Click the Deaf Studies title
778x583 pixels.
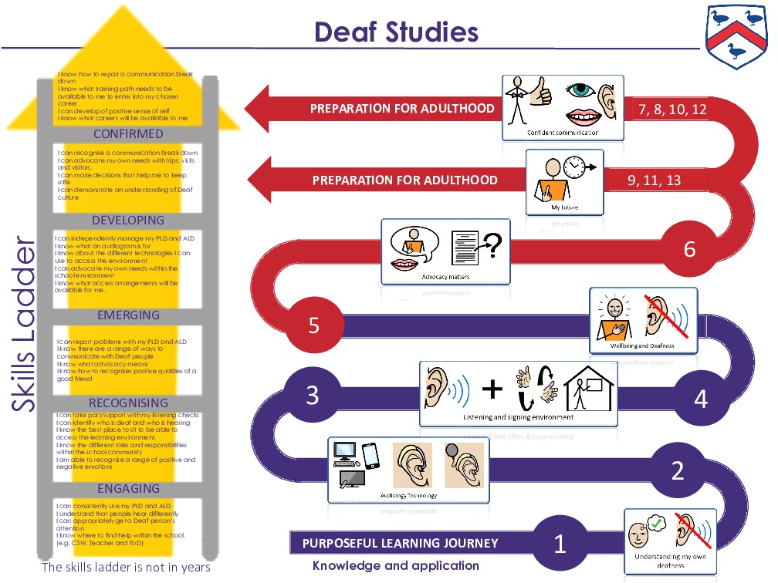[396, 32]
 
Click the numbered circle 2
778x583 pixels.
[677, 470]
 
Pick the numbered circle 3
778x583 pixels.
[312, 396]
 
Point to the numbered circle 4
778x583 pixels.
[700, 399]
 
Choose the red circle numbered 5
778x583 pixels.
[313, 325]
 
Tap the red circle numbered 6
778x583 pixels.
[689, 249]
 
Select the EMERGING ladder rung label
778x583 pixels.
[128, 315]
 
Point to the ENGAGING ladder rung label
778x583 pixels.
[128, 489]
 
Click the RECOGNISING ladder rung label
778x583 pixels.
[128, 403]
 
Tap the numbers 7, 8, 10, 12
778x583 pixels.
[672, 110]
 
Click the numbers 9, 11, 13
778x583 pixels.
[654, 180]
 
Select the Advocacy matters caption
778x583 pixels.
[445, 276]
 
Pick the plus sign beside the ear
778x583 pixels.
[491, 389]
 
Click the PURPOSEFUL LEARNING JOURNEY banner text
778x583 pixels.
[400, 543]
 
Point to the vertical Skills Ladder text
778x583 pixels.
[25, 325]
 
